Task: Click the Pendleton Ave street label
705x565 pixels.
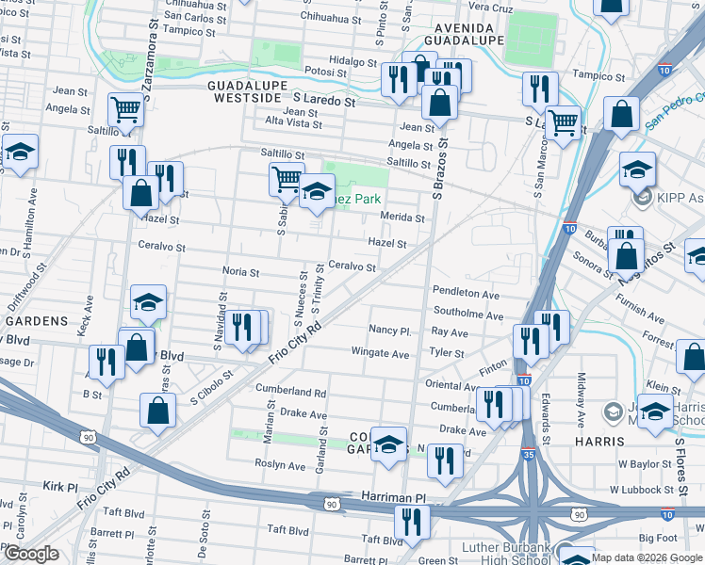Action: (465, 294)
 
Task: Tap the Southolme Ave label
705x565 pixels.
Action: (467, 315)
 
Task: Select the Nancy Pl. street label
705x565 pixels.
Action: (390, 331)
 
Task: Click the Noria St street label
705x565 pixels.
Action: (240, 271)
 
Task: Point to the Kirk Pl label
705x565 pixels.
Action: (59, 487)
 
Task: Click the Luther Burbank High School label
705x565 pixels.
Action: (510, 554)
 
